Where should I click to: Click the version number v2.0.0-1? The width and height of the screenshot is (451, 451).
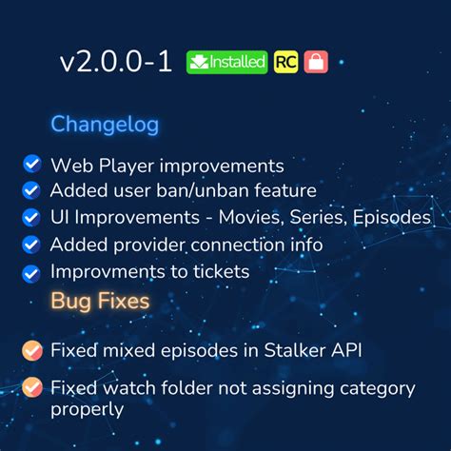(x=115, y=62)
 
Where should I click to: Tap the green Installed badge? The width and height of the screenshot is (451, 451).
(x=226, y=62)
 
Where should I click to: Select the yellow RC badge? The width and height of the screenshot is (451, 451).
(x=284, y=62)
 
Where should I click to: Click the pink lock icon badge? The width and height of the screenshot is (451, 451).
(x=316, y=62)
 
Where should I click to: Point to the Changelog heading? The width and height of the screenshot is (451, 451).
(x=105, y=125)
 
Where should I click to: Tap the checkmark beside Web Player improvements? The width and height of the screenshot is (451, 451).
(x=31, y=165)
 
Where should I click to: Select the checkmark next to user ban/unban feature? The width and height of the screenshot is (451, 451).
(x=31, y=190)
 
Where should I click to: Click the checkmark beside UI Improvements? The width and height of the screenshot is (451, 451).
(x=31, y=217)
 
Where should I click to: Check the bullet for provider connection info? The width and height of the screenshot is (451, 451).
(x=31, y=245)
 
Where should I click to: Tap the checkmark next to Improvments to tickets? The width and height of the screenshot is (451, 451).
(x=31, y=272)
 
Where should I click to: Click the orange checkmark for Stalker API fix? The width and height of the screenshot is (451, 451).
(x=32, y=350)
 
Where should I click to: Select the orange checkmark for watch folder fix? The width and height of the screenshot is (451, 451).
(x=32, y=388)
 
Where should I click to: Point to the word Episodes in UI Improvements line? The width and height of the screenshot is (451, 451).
(x=391, y=218)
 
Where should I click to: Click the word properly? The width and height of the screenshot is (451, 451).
(x=88, y=410)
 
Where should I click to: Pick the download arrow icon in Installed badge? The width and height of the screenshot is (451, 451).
(x=198, y=62)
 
